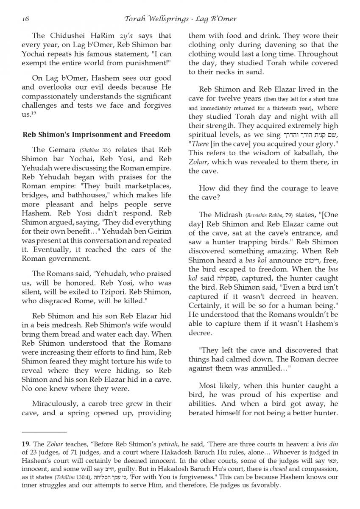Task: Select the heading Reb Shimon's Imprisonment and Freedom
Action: [96, 135]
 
